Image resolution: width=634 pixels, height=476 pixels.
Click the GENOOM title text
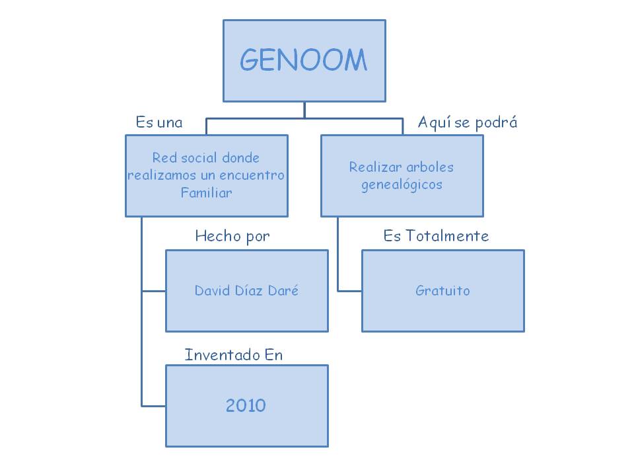pos(303,61)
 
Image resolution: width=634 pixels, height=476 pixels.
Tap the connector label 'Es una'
pos(159,122)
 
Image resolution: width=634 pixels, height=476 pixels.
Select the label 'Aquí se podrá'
pos(468,122)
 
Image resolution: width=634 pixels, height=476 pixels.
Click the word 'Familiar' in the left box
pos(207,193)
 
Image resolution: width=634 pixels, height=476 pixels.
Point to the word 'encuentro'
pos(254,176)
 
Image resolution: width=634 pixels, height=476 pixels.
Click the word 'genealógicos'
pos(402,184)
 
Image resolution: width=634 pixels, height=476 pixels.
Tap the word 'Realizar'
pos(374,167)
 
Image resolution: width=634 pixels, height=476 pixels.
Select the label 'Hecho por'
pos(232,236)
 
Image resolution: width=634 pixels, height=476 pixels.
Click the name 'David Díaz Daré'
pos(246,290)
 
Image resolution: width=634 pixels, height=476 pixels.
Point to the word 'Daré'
pos(283,290)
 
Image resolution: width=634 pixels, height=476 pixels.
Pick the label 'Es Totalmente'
pos(436,236)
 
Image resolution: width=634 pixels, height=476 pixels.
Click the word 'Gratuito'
pos(442,290)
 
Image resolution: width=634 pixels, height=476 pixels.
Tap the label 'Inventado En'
pos(234,355)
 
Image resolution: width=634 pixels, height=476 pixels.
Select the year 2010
pos(246,405)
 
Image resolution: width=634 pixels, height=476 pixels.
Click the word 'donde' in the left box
pos(240,158)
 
